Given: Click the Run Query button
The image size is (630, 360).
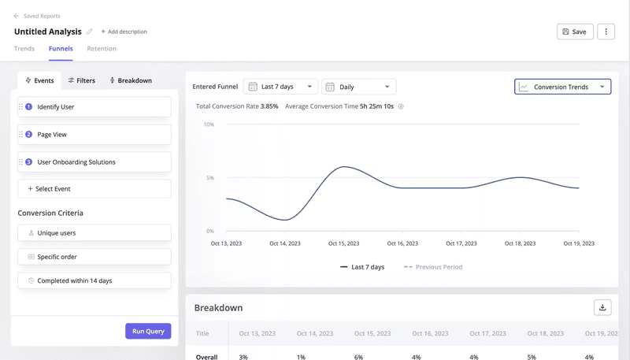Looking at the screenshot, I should [148, 331].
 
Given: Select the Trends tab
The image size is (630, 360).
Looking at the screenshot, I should [24, 49].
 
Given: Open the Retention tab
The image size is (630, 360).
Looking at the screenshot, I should [102, 49].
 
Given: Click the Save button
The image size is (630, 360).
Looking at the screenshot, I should [575, 32].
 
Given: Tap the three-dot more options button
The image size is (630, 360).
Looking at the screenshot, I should [606, 32].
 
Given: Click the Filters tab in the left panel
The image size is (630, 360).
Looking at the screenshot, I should [81, 80].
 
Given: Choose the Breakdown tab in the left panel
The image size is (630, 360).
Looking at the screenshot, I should [131, 80].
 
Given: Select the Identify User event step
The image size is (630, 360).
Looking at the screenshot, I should [94, 106].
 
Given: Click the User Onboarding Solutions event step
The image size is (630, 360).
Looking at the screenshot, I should [94, 162].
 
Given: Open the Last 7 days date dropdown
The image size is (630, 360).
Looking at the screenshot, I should [280, 87].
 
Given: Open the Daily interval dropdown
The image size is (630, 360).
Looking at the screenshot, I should [358, 87].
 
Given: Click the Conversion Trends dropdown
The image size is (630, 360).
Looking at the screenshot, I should [562, 87].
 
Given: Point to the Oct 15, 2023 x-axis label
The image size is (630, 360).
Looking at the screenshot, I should [343, 243].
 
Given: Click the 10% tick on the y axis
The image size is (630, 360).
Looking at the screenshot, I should [209, 124].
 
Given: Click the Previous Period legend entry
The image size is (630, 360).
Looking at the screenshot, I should [433, 267].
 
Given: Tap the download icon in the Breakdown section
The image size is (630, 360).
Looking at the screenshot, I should [602, 307].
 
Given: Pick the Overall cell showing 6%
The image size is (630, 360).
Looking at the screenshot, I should [359, 357].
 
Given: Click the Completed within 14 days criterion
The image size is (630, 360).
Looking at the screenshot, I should [94, 280].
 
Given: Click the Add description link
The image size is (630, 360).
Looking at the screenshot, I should [124, 32].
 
